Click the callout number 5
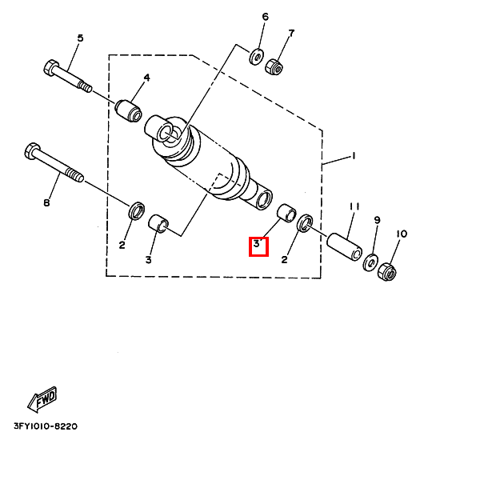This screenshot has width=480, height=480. pos(80,38)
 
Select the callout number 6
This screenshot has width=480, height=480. pos(266,17)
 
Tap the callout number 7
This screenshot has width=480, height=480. pos(291,33)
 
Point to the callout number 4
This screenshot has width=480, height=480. pos(147,78)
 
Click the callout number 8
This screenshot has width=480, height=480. pos(46,202)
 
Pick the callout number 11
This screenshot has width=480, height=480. pos(354,207)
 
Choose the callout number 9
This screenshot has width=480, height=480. pos(377,220)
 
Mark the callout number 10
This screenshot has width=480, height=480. pos(402,234)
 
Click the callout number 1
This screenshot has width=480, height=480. pos(354,156)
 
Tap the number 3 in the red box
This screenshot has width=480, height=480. pos(256,244)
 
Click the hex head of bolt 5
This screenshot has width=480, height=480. pos(51,68)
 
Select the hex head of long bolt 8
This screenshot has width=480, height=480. pos(32,150)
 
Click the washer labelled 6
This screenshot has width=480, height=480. pos(256,57)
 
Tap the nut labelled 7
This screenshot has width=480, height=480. pos(274,66)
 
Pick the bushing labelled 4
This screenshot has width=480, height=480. pos(129,110)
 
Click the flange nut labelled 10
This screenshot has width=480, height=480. pos(387,272)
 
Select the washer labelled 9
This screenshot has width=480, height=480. pos(370,262)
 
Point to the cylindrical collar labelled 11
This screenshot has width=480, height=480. pos(345,247)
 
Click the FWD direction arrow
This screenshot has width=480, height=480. pos(42,399)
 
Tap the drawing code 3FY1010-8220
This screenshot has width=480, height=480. pos(46,426)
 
